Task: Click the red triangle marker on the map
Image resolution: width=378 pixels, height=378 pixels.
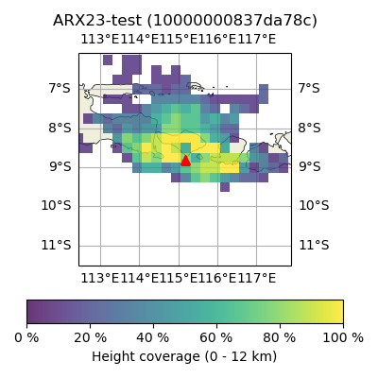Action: click(185, 161)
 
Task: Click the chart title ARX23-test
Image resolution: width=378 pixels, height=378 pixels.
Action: click(97, 21)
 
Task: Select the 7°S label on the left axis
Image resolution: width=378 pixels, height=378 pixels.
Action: click(60, 88)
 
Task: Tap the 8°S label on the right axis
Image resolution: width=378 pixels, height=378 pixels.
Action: click(310, 129)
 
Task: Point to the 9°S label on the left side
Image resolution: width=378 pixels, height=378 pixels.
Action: click(60, 166)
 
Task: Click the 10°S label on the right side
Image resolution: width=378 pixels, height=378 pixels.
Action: click(314, 206)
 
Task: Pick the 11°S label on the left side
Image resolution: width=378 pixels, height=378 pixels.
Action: click(57, 245)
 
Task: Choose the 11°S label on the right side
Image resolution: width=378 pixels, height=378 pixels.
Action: click(314, 245)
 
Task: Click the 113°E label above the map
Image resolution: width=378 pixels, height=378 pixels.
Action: click(100, 40)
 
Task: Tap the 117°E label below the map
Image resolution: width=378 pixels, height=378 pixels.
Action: click(257, 278)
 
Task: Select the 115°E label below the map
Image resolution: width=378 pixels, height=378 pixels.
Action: click(179, 278)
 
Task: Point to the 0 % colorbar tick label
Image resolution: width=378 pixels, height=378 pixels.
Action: click(26, 337)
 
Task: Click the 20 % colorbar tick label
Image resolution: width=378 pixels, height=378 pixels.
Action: click(91, 337)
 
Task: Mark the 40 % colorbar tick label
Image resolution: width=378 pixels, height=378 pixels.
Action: click(153, 337)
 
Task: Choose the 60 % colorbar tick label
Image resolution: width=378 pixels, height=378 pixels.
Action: click(216, 337)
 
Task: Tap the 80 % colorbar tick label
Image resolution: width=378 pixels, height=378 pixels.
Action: click(280, 337)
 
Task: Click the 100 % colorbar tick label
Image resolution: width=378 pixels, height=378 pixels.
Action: click(343, 337)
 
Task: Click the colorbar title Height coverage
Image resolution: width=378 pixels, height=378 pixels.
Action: click(146, 356)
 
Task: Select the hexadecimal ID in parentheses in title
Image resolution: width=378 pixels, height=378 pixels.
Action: click(232, 21)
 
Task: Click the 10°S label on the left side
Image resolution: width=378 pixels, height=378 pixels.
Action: click(57, 206)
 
